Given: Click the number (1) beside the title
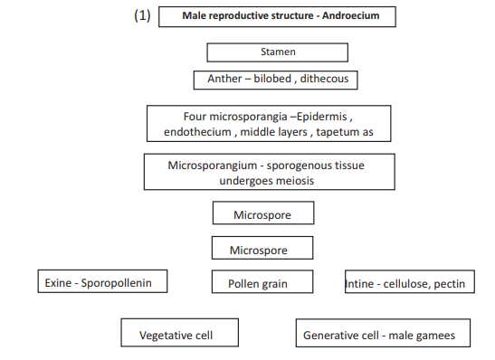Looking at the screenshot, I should coord(141,16).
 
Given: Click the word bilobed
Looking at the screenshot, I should coord(274,80).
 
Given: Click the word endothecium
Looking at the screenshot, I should coord(197,133).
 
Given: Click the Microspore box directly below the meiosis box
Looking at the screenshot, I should coord(263,214).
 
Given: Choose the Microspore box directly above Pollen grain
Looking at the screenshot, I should coord(262,249).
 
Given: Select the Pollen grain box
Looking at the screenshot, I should coord(262,283).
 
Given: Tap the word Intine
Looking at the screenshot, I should coord(364,284).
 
